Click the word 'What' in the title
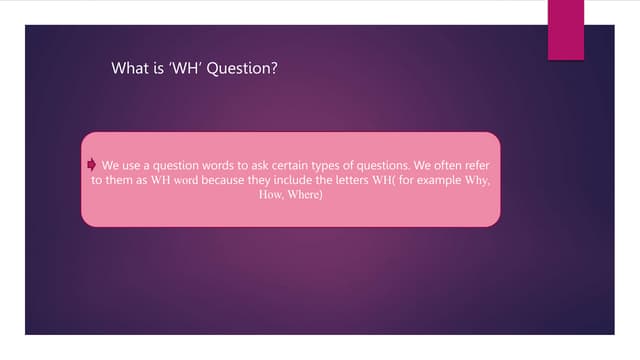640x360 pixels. [131, 69]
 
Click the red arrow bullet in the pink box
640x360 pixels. [92, 164]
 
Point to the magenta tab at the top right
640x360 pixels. [566, 29]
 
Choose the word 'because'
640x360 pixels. [224, 181]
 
